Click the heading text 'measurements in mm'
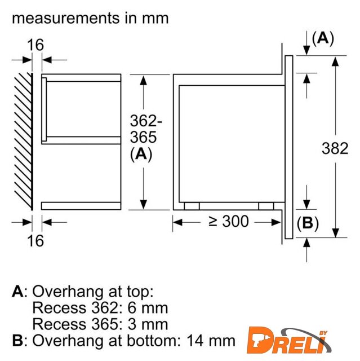click(90, 18)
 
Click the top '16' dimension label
click(35, 45)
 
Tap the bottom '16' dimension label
click(35, 241)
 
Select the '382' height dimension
click(335, 148)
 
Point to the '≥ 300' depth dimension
click(229, 222)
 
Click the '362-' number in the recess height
click(146, 120)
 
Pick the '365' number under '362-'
click(143, 137)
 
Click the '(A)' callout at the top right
click(323, 38)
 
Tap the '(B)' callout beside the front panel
click(308, 223)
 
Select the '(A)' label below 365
click(141, 154)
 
